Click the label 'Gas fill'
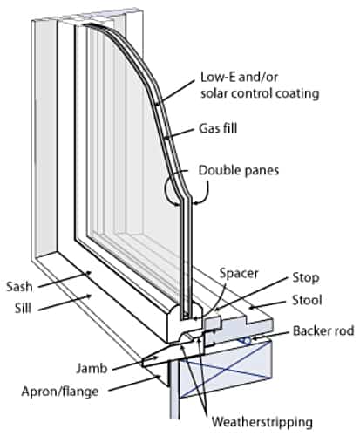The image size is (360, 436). point(218,128)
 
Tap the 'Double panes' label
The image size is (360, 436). point(239,171)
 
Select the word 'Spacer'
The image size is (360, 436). point(239,274)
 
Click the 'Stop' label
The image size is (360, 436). point(306,278)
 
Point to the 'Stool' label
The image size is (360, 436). point(307,300)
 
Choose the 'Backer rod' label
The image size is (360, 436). point(323,330)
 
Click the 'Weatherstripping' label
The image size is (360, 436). point(262,422)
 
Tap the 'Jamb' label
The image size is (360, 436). point(92,369)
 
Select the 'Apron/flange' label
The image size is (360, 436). point(60,392)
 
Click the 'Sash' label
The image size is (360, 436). point(19,287)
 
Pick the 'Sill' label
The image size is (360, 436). point(23,309)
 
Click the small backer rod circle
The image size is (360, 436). point(247,340)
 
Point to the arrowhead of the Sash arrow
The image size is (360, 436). point(88,274)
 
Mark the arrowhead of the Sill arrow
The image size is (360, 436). point(88,296)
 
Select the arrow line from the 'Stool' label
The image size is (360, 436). point(268,304)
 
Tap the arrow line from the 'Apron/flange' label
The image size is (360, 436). point(134,384)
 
